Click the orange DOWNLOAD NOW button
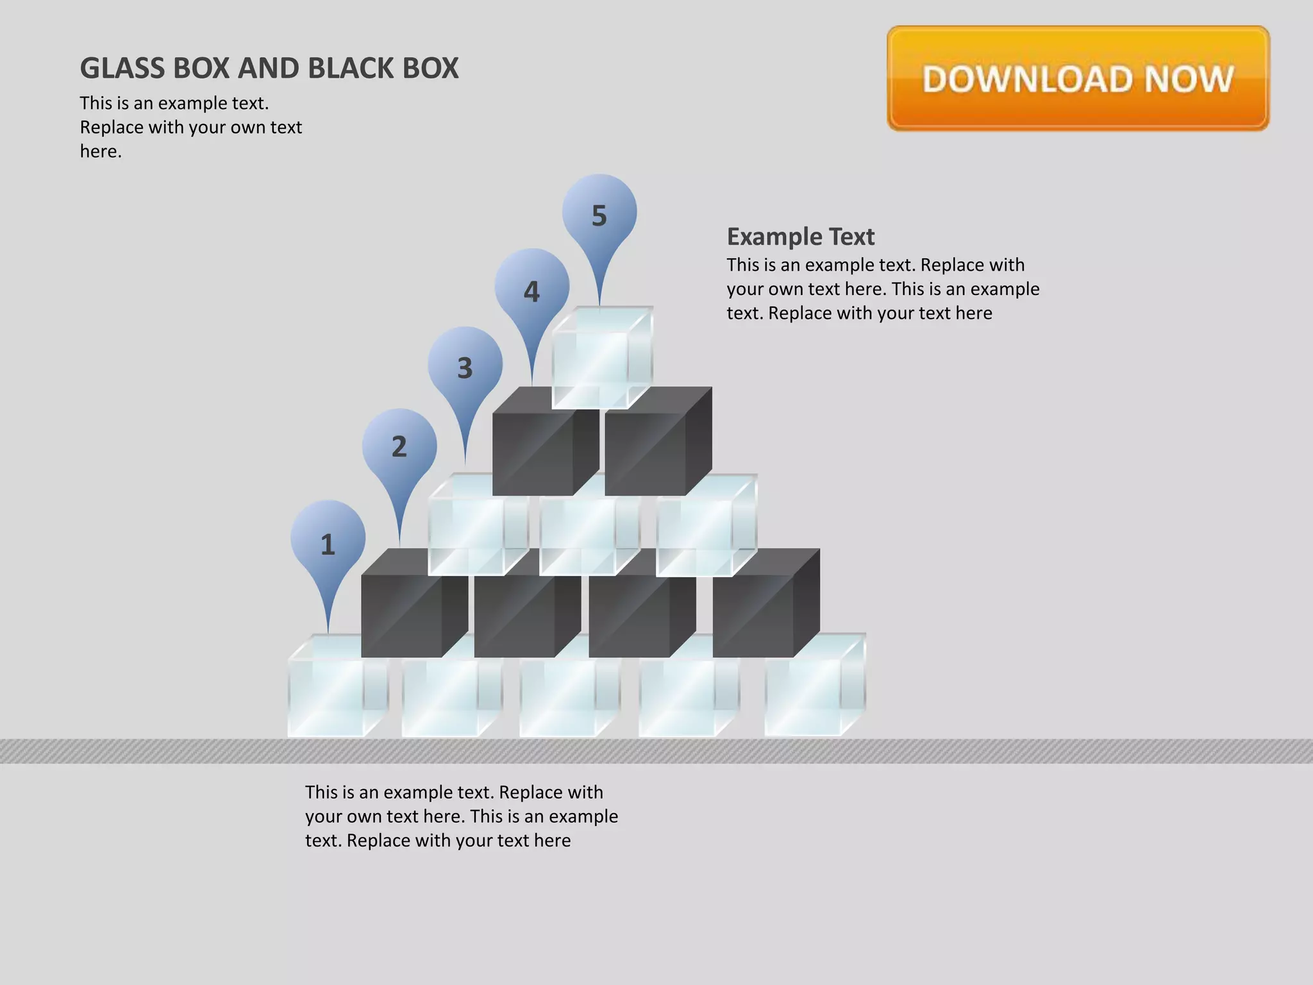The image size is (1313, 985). [1078, 78]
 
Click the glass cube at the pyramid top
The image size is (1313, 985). [601, 358]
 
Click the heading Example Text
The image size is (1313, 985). [800, 237]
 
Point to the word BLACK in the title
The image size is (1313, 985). [351, 69]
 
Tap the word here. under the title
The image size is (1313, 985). [101, 152]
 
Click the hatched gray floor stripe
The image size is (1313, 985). [656, 751]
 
